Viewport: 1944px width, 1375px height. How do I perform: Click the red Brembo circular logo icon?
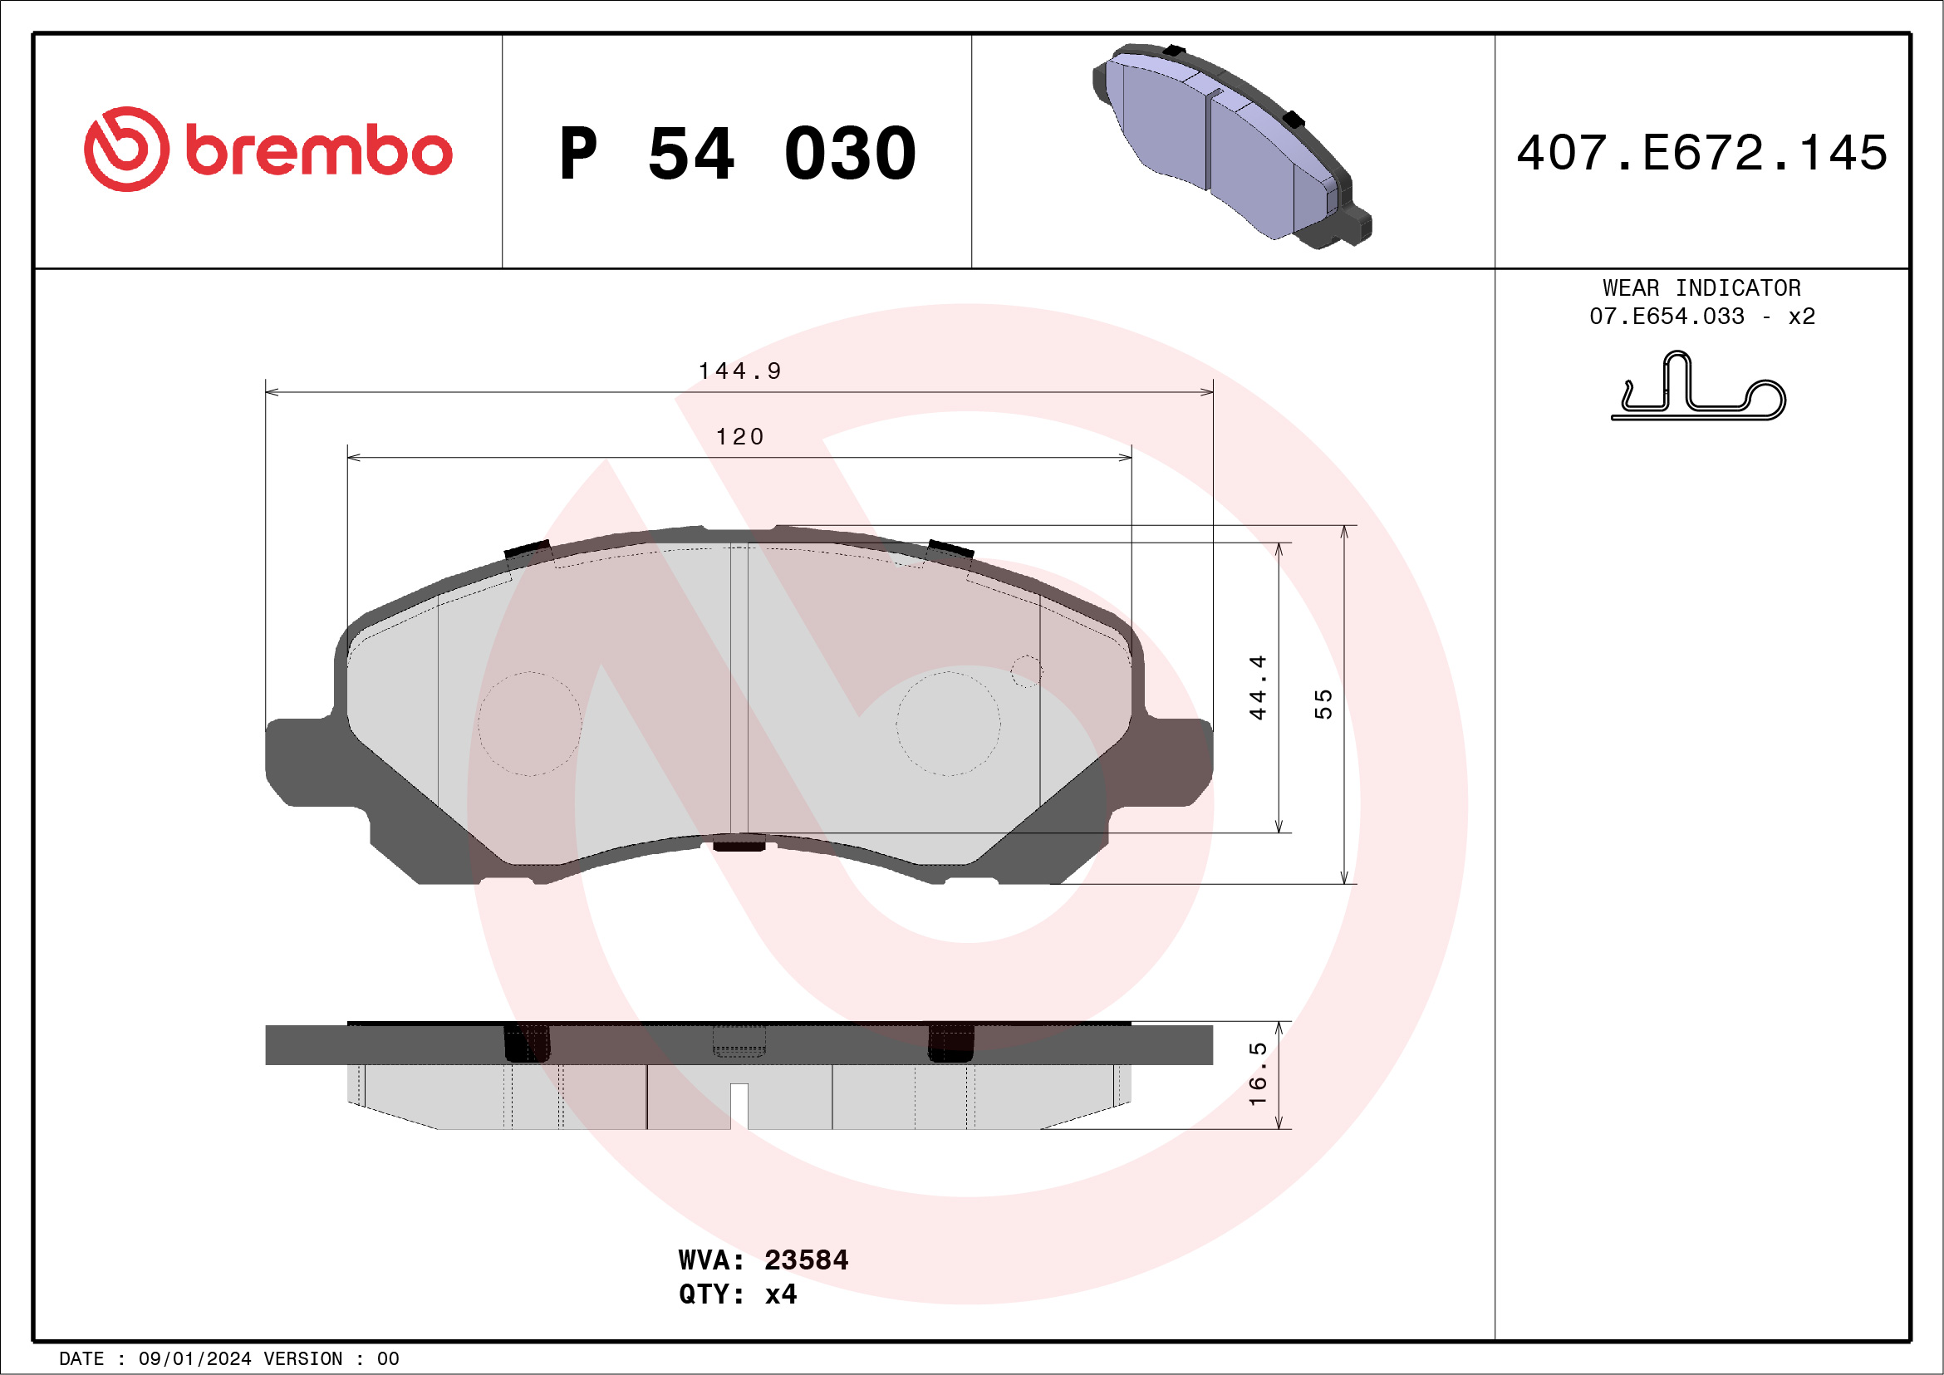126,149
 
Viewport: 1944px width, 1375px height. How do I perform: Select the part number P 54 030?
738,153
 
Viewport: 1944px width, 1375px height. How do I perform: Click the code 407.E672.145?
1702,153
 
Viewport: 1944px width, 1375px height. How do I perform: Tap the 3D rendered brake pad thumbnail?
1232,145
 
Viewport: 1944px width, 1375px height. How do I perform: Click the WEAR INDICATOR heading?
1701,287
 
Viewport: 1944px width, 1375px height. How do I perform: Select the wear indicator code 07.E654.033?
1667,317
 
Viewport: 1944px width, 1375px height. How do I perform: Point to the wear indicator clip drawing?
1697,390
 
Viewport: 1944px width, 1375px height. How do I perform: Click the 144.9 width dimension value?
739,371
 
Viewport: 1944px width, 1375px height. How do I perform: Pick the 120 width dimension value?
739,437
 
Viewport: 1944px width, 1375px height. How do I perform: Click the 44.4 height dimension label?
1257,688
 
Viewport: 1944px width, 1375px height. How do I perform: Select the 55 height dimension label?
1323,705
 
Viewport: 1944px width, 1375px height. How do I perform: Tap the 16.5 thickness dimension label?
1257,1073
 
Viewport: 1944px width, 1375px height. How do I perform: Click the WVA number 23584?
805,1260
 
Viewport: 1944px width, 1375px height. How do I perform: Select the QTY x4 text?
737,1294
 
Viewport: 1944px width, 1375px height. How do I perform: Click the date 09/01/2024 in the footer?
194,1359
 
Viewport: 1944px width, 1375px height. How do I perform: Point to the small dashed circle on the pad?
1026,671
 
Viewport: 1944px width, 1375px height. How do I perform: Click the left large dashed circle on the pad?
530,724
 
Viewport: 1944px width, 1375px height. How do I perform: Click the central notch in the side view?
739,1105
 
